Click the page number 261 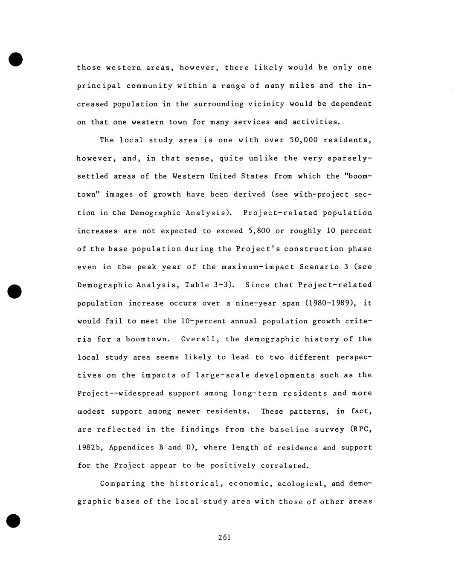point(224,537)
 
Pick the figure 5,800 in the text point(259,231)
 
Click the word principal point(99,86)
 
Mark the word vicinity point(266,104)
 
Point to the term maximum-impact point(258,267)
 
